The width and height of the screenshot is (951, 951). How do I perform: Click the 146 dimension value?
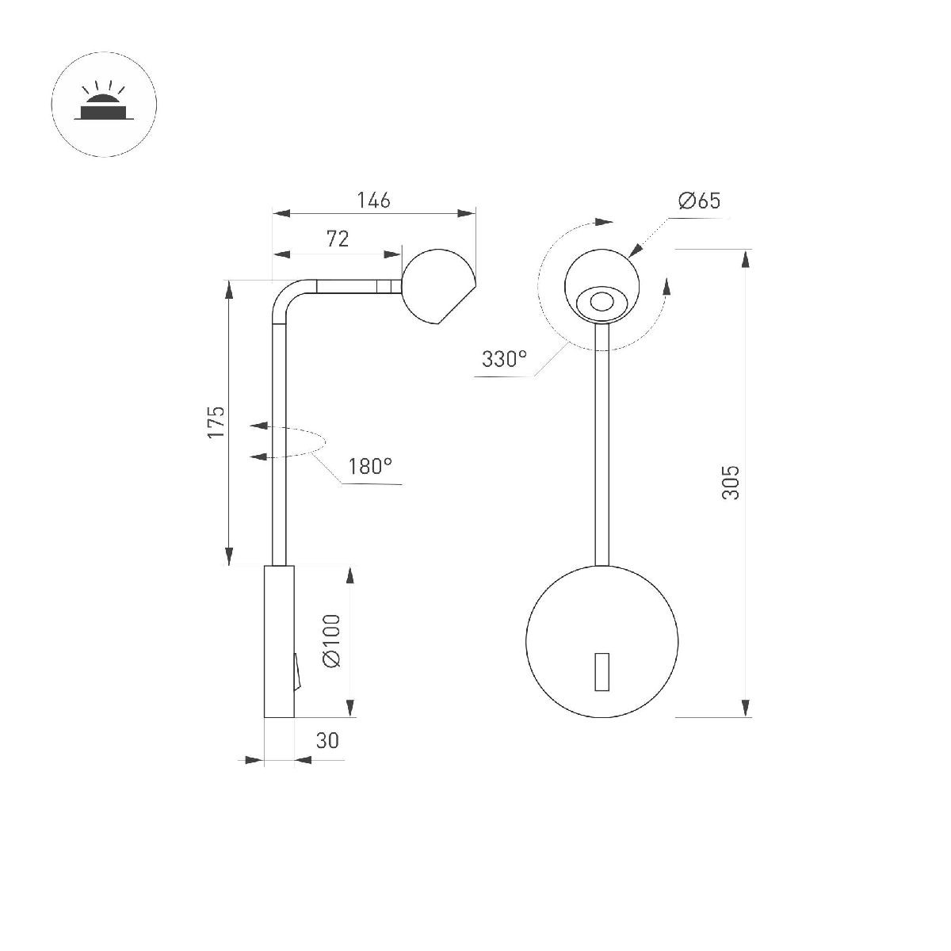point(373,201)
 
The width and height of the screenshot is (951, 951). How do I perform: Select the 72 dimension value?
point(338,239)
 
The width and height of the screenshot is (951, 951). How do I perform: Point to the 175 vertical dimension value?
point(216,422)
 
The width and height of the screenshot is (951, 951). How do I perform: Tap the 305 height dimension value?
point(731,482)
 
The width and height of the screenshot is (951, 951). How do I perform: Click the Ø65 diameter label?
point(699,201)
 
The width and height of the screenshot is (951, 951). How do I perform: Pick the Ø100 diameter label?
point(331,640)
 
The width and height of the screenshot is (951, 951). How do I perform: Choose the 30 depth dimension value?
point(327,740)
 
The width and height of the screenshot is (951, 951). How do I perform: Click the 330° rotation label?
point(504,359)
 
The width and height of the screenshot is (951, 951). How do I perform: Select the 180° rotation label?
point(371,466)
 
